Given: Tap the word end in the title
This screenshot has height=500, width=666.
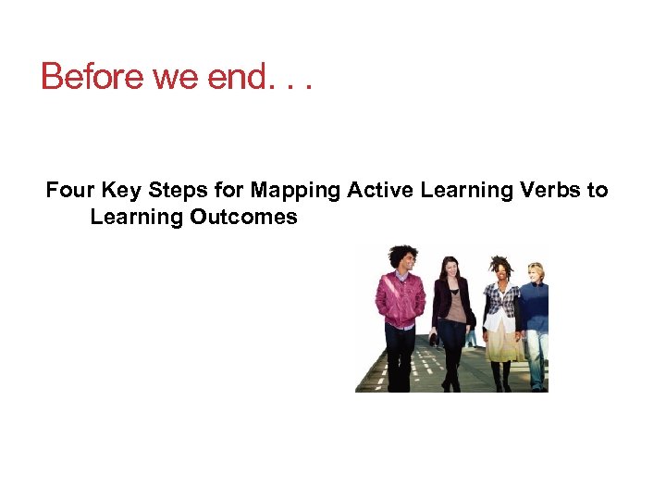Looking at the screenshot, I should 238,76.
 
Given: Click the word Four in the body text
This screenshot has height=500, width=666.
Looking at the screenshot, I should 70,191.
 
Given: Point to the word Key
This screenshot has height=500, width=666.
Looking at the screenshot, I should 119,191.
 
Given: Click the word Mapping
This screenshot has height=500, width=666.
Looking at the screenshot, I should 295,191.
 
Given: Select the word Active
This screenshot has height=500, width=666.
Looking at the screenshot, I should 380,191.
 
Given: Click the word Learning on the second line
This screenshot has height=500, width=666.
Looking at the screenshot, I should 137,218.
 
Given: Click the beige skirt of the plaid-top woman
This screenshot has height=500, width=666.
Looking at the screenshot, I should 504,343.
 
